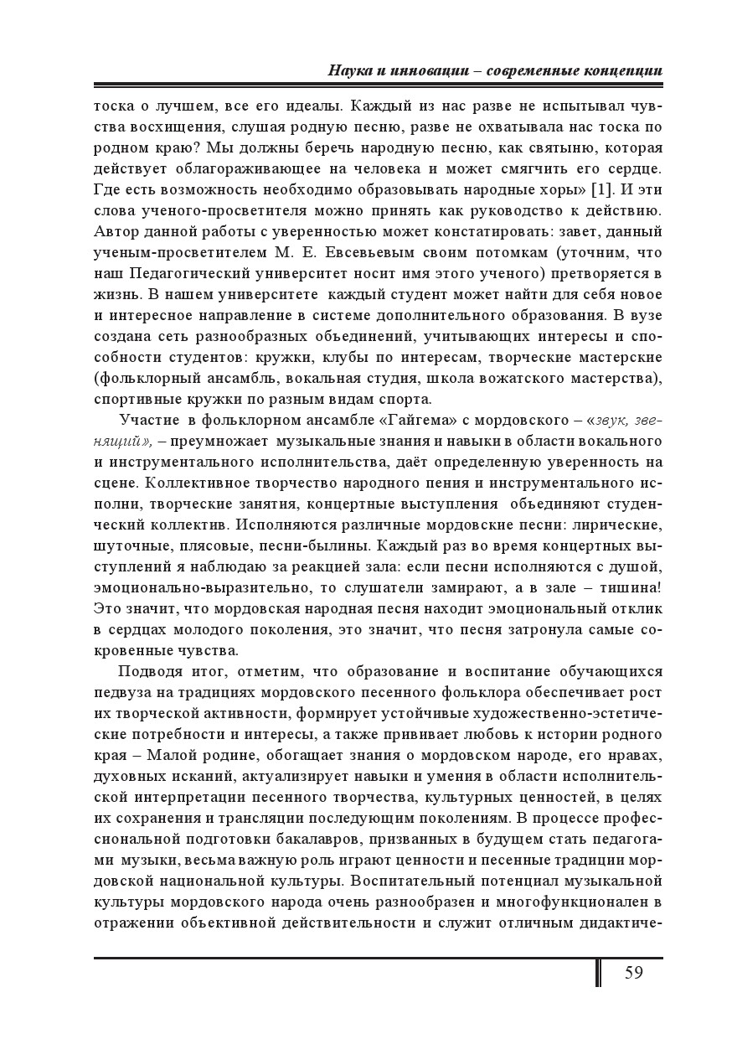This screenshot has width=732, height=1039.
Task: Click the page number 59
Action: click(633, 973)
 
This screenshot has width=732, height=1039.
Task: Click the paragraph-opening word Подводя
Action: click(152, 671)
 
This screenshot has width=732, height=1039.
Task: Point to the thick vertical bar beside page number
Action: click(598, 972)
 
